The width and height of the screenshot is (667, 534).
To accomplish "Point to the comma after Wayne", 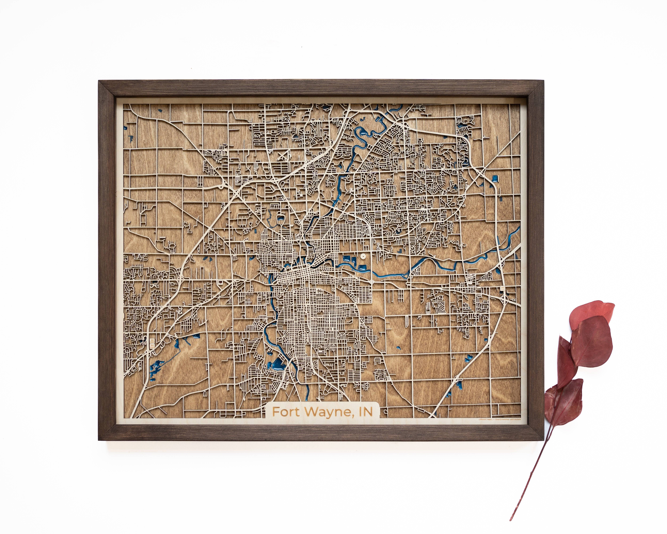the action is [x=353, y=415].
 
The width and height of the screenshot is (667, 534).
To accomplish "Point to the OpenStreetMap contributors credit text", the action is [x=507, y=420].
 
